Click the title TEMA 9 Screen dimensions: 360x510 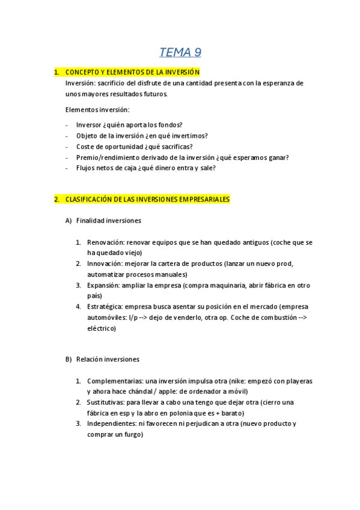180,52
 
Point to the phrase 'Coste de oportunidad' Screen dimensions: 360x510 109,147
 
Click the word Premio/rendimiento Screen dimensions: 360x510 105,158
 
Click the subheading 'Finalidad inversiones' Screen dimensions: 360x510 108,221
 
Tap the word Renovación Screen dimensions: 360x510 105,242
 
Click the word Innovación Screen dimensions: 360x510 105,264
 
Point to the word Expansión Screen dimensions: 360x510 103,286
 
